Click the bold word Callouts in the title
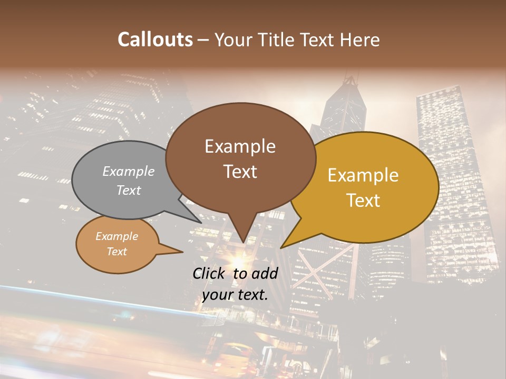click(x=155, y=39)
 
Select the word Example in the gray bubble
click(x=129, y=171)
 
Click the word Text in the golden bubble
click(x=364, y=201)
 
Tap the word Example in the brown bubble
click(x=240, y=146)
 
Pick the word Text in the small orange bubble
click(x=117, y=252)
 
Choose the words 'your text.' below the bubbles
click(x=235, y=295)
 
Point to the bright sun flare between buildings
click(x=234, y=261)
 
